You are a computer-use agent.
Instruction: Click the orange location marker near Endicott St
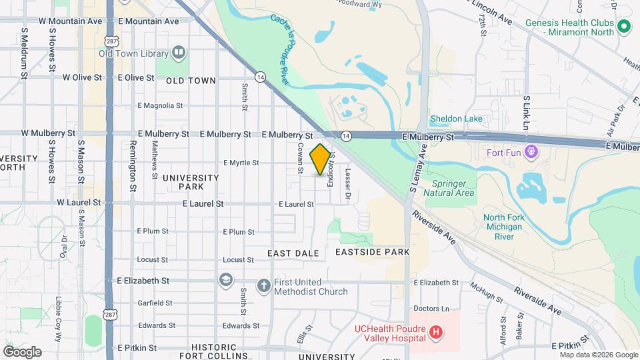[x=321, y=159]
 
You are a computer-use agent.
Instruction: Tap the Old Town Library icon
[x=178, y=53]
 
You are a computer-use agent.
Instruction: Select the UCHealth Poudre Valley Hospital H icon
[x=436, y=332]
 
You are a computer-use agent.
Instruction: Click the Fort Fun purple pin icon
[x=531, y=151]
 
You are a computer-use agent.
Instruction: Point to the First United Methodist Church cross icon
[x=263, y=285]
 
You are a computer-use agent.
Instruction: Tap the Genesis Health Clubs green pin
[x=624, y=27]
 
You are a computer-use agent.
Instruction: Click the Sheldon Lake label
[x=456, y=119]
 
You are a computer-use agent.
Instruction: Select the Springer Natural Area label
[x=453, y=188]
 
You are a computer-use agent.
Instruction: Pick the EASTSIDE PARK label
[x=372, y=253]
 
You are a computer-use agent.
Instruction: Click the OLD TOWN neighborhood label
[x=191, y=81]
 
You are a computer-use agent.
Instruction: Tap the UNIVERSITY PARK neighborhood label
[x=191, y=182]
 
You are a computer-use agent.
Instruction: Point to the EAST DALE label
[x=293, y=253]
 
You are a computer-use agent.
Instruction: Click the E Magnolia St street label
[x=160, y=105]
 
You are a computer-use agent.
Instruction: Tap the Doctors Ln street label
[x=432, y=309]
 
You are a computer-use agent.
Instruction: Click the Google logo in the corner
[x=22, y=351]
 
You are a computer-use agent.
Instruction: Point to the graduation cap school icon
[x=226, y=279]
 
